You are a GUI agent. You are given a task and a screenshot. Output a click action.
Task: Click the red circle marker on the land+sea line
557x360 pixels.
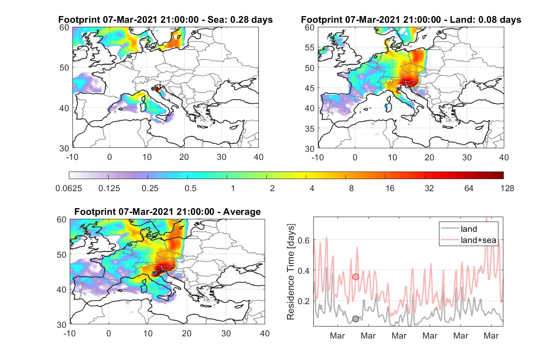point(355,277)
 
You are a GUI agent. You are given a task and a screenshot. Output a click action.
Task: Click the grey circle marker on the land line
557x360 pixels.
point(355,319)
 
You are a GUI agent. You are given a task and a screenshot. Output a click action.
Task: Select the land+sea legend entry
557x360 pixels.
point(468,240)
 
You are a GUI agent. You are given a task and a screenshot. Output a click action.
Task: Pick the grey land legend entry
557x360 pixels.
point(459,229)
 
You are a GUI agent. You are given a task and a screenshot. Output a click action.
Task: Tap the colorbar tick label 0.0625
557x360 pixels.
point(69,188)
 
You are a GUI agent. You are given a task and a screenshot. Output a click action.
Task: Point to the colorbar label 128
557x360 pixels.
point(507,188)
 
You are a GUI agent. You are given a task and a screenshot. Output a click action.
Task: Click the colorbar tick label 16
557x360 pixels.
point(390,188)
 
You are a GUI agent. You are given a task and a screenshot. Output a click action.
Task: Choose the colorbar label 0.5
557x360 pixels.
point(190,188)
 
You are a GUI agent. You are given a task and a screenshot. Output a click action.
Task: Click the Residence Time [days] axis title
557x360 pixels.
point(291,272)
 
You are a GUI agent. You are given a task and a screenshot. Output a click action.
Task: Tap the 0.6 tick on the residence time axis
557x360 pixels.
point(304,240)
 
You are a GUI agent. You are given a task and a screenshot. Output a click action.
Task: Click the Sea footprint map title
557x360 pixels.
point(165,20)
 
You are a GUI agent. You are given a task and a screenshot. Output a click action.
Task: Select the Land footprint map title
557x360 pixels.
point(411,20)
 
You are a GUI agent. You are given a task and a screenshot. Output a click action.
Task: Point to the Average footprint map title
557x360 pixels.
point(168,212)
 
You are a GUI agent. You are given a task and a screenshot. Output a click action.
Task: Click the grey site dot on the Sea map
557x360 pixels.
point(153,89)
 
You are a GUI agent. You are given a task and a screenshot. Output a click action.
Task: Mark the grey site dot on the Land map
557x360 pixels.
point(398,89)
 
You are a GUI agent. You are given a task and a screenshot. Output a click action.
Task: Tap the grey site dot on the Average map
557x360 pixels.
point(154,273)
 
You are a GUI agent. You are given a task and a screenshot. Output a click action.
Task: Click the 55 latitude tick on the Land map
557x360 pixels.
point(310,47)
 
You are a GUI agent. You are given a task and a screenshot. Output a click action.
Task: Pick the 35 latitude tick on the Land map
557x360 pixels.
point(310,129)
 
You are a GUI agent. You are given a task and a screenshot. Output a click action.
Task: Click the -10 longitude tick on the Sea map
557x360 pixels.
point(72,157)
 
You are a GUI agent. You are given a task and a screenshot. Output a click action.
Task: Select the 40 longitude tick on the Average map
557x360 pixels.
point(265,333)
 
